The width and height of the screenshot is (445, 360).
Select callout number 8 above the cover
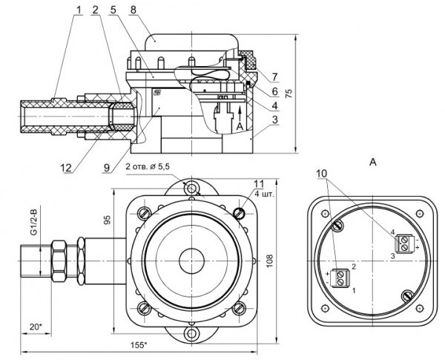133,11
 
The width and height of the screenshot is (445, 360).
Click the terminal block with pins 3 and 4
405,242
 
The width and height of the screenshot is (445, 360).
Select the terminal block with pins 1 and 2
340,277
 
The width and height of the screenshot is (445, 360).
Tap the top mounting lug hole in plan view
194,186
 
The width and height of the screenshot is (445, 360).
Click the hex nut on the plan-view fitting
65,262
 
